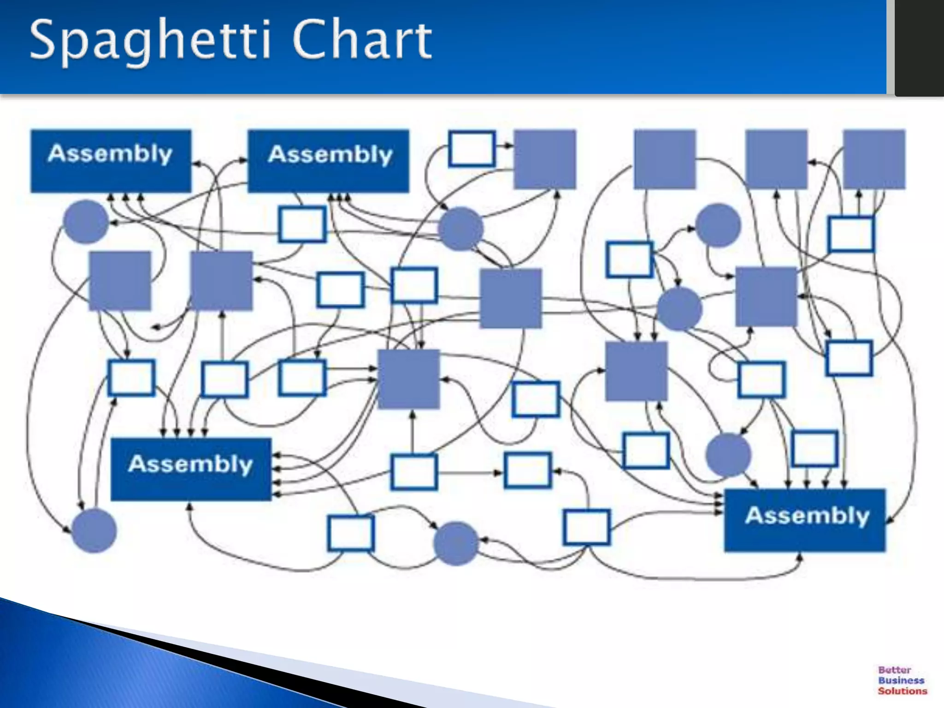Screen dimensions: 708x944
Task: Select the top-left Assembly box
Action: [111, 160]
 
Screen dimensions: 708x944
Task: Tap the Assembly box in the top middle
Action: [328, 160]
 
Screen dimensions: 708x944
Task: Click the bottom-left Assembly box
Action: [191, 469]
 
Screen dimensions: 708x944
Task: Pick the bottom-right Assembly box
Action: [805, 520]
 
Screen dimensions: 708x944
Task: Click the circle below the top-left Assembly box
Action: [85, 222]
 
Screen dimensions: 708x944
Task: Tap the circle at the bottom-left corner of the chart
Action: [94, 531]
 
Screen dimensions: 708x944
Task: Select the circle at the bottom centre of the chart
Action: [456, 543]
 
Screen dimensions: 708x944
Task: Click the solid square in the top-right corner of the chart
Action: [874, 159]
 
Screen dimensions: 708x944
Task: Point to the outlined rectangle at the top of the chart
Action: [472, 148]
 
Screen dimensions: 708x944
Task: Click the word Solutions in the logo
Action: [902, 691]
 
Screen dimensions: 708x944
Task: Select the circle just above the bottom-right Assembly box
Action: [728, 454]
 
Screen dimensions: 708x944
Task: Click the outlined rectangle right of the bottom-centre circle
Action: [586, 527]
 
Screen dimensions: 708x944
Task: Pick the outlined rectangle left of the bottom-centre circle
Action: [351, 533]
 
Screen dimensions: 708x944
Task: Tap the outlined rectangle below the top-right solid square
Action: [850, 234]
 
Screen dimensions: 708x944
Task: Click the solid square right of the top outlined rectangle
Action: [545, 159]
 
